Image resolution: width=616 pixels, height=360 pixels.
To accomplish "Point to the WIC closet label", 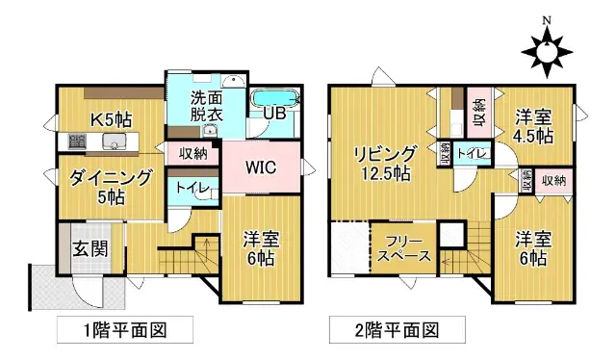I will coord(260,167).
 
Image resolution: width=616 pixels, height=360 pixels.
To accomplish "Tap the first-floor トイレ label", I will coord(187,188).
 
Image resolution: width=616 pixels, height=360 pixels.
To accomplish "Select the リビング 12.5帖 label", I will coord(383,164).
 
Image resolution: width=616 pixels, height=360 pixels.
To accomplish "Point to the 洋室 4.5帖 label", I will coord(531,126).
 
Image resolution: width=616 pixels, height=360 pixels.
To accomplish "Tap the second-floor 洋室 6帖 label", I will coord(531,248).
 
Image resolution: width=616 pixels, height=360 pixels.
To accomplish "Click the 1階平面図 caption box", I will coord(125,330).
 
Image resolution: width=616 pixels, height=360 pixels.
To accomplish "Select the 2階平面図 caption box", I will coord(397,330).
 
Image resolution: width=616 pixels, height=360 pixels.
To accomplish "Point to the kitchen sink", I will coord(115,142).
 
